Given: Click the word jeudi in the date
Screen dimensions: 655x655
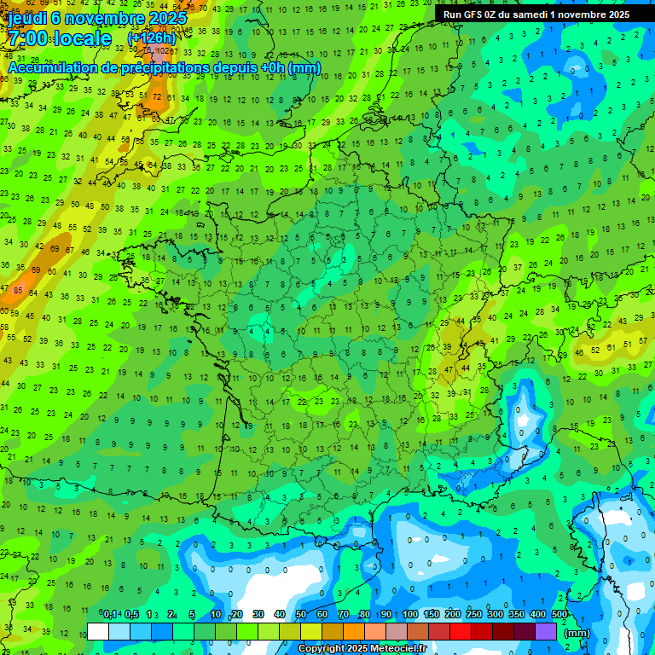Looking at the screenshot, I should point(27,17).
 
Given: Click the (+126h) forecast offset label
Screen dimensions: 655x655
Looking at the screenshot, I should point(151,38).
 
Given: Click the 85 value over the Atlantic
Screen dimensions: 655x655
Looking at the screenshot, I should point(18,291).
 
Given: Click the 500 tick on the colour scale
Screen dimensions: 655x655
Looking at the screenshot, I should point(559,615).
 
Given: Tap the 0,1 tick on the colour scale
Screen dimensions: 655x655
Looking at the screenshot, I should point(110,615).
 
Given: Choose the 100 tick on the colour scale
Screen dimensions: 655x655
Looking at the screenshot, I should point(410,615).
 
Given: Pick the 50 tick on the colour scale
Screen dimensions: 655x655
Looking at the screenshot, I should point(300,615).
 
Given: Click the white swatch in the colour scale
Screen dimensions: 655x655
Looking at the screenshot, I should point(97,631).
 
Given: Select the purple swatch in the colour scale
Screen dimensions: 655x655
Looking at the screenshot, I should point(546,631).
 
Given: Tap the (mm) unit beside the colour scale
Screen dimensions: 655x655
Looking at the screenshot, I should point(577,633).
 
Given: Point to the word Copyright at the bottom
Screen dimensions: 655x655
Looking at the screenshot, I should point(322,649).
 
